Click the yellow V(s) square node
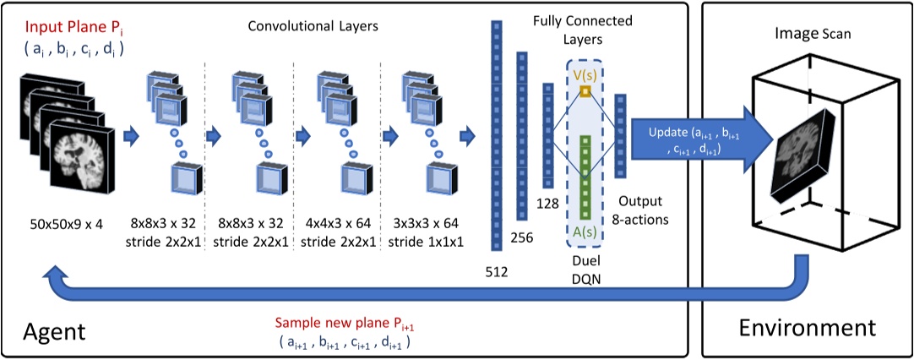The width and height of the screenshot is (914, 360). coord(585,91)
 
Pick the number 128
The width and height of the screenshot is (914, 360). coord(547,205)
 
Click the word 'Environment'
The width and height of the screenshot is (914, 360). coord(808,327)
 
